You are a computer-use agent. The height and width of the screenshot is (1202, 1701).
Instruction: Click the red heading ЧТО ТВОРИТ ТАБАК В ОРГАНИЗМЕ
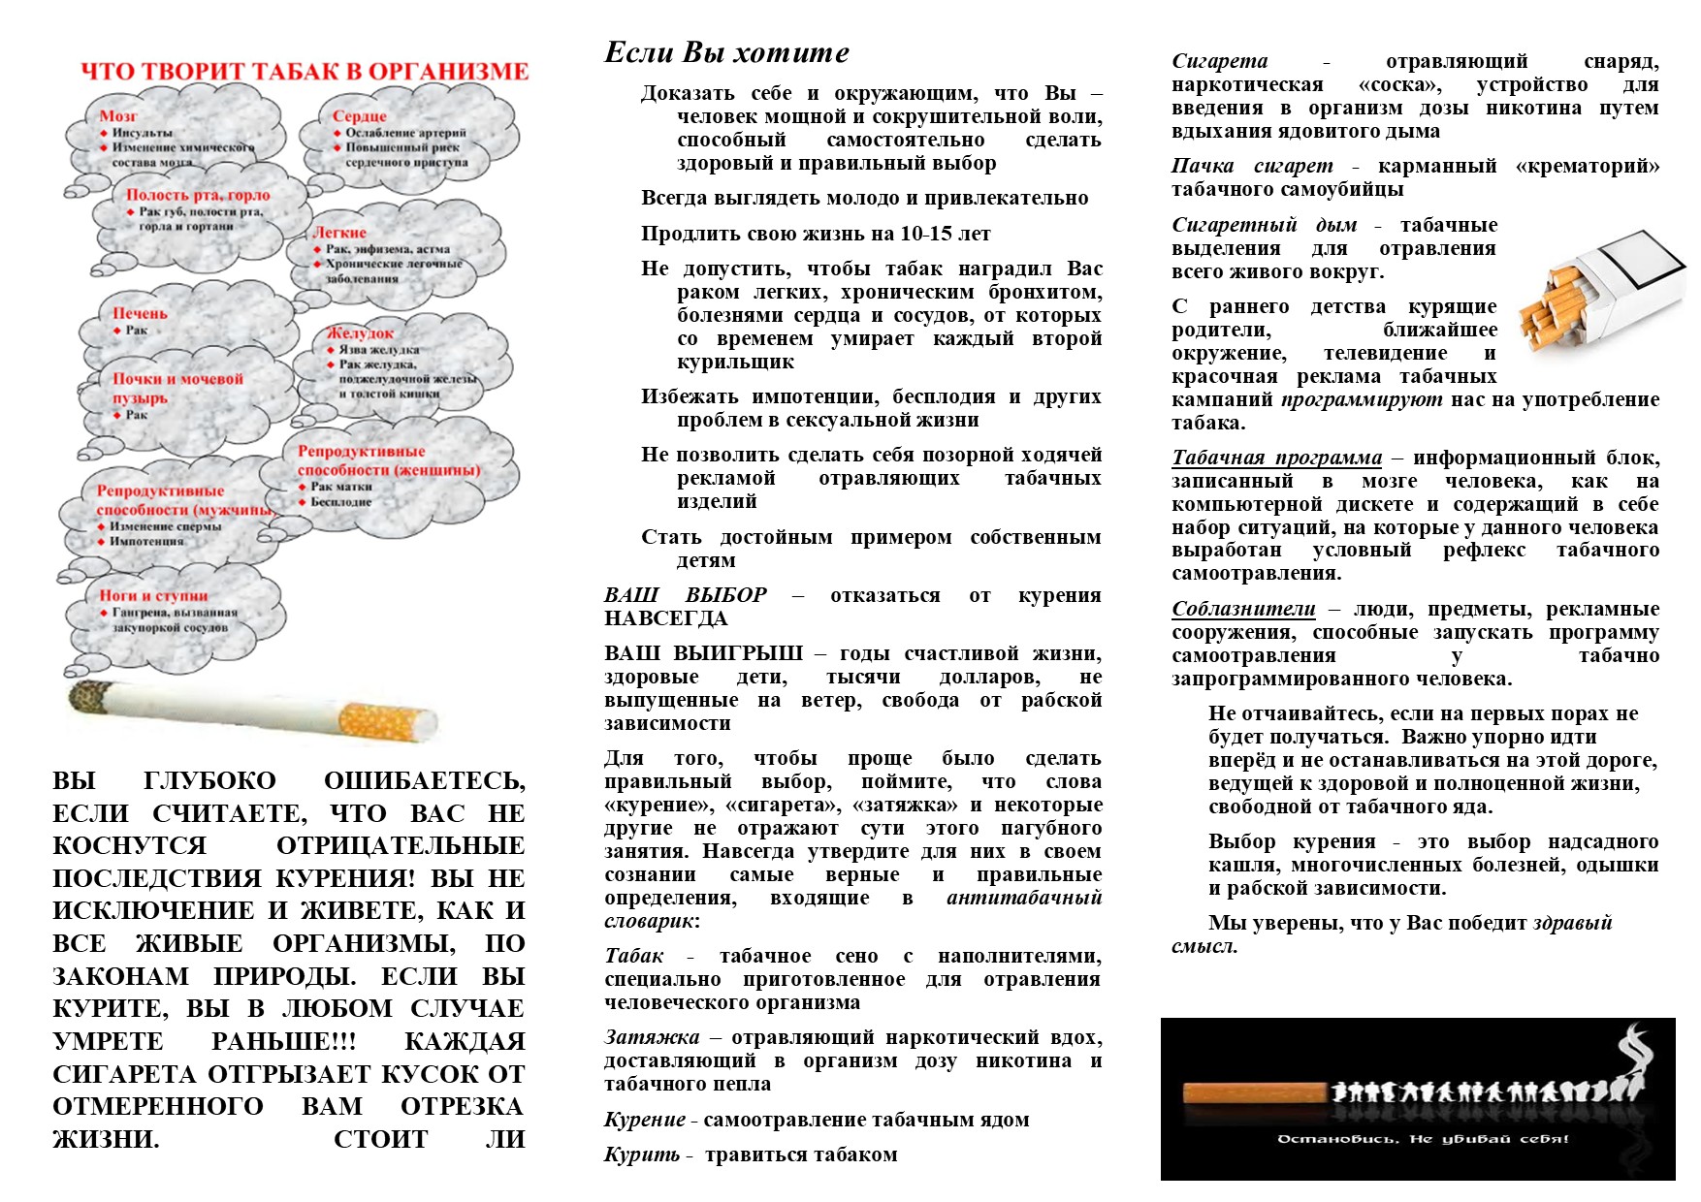pos(304,72)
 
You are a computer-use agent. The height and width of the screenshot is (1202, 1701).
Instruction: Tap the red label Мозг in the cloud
pos(117,116)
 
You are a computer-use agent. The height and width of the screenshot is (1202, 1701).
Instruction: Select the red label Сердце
pos(359,116)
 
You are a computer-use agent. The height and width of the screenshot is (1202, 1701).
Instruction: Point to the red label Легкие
pos(339,233)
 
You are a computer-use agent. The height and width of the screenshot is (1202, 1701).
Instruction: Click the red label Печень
pos(140,313)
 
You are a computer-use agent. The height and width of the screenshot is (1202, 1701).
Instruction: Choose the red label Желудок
pos(360,332)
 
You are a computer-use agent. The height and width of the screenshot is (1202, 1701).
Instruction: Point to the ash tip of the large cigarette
pos(87,695)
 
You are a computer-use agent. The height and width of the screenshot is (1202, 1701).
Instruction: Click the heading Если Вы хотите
pos(726,52)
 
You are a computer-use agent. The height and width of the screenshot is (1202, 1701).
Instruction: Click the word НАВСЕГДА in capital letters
pos(665,618)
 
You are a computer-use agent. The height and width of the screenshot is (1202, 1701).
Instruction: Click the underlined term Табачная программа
pos(1276,458)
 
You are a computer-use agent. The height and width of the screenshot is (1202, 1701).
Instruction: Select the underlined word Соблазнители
pos(1243,609)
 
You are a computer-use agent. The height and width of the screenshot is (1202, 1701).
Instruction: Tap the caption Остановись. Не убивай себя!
pos(1423,1138)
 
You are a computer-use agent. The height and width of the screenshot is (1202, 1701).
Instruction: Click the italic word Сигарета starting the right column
pos(1219,61)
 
